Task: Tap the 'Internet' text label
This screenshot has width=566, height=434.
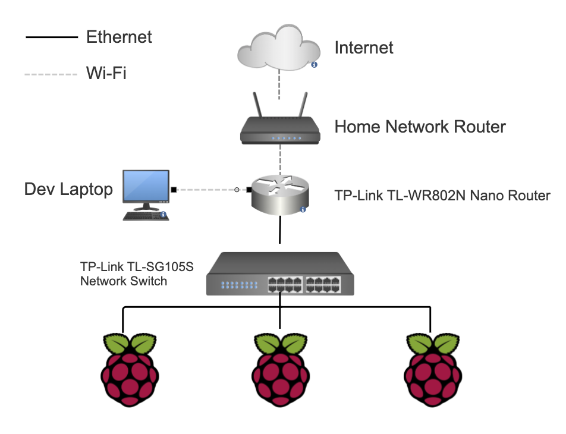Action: point(364,48)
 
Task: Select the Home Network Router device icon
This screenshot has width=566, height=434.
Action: point(280,130)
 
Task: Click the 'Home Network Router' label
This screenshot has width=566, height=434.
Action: point(420,127)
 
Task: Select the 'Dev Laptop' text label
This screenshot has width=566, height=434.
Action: point(68,189)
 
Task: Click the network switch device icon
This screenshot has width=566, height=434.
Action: point(280,273)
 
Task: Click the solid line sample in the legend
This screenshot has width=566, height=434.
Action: point(51,37)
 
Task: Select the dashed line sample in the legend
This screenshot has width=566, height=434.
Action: point(51,74)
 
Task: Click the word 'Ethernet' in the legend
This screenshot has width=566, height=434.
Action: point(119,37)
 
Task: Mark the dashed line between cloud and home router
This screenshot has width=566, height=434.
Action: point(279,89)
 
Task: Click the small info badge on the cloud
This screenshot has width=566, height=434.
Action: point(314,64)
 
